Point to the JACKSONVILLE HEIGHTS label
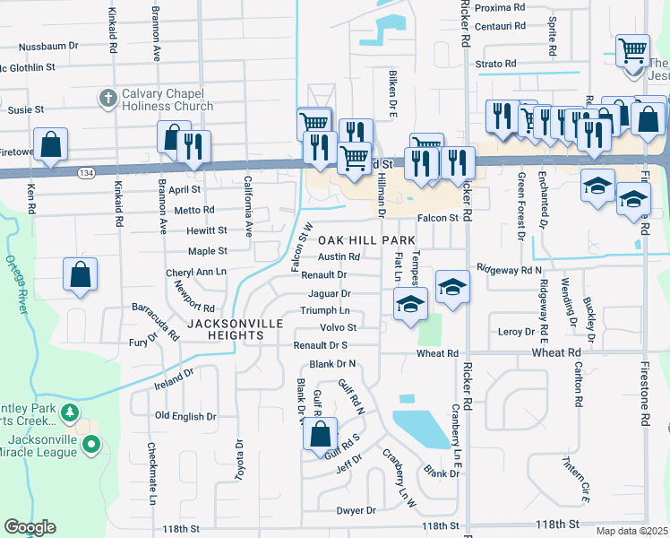[236, 329]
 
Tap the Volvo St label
[339, 327]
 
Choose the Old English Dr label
[185, 416]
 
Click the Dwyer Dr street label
[356, 510]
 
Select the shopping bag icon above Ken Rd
[50, 143]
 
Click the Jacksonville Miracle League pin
[90, 444]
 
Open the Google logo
[30, 527]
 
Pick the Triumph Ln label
[324, 310]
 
